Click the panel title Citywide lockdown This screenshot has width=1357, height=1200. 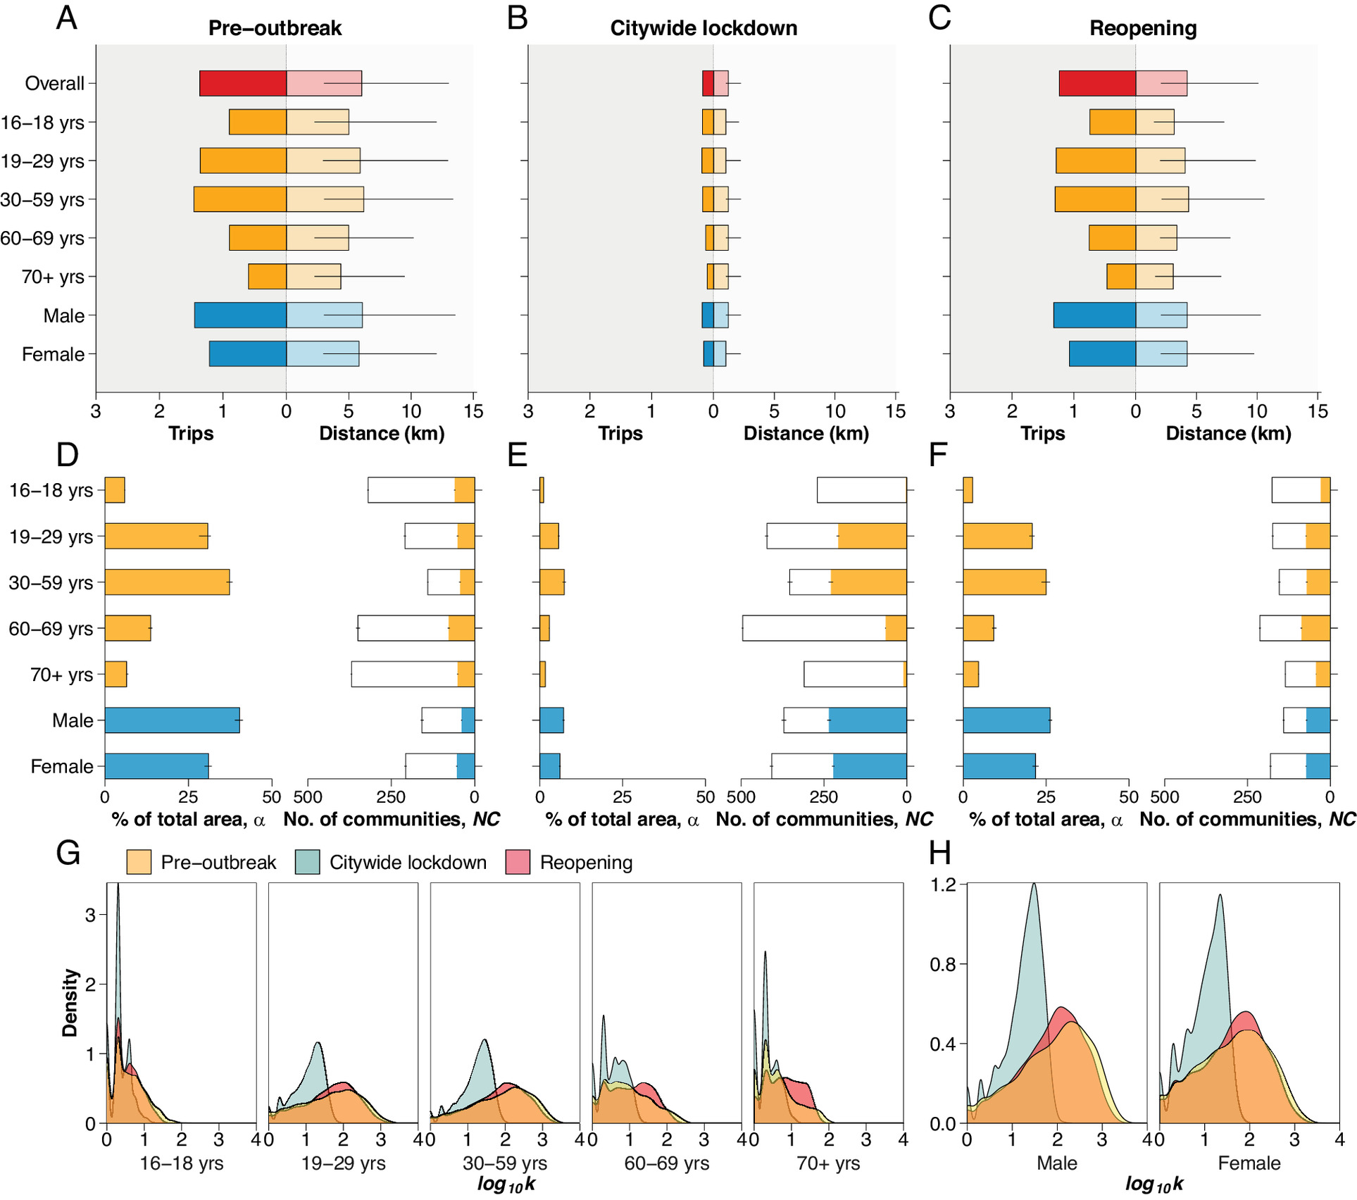click(703, 28)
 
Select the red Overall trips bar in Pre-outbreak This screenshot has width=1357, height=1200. click(243, 83)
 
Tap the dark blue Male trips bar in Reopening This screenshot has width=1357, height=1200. click(1094, 315)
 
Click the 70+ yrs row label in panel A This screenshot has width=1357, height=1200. click(53, 277)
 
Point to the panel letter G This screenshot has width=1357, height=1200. click(68, 854)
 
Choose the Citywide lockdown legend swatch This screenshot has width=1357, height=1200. click(308, 863)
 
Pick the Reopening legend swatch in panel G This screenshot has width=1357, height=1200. click(518, 863)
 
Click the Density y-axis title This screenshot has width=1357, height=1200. click(70, 1003)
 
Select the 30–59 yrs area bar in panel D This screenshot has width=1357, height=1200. click(167, 582)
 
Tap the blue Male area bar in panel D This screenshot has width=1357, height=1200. click(172, 720)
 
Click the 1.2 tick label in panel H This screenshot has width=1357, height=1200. click(944, 885)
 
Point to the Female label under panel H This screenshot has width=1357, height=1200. click(1249, 1163)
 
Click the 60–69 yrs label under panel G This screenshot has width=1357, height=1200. click(666, 1163)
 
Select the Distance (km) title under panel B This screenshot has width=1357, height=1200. click(806, 433)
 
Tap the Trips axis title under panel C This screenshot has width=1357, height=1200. click(1042, 433)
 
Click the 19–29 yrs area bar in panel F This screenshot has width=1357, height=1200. click(997, 537)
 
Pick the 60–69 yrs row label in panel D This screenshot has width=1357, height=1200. click(50, 629)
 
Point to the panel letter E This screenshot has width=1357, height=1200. click(518, 456)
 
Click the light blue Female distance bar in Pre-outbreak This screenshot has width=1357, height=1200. click(323, 354)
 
